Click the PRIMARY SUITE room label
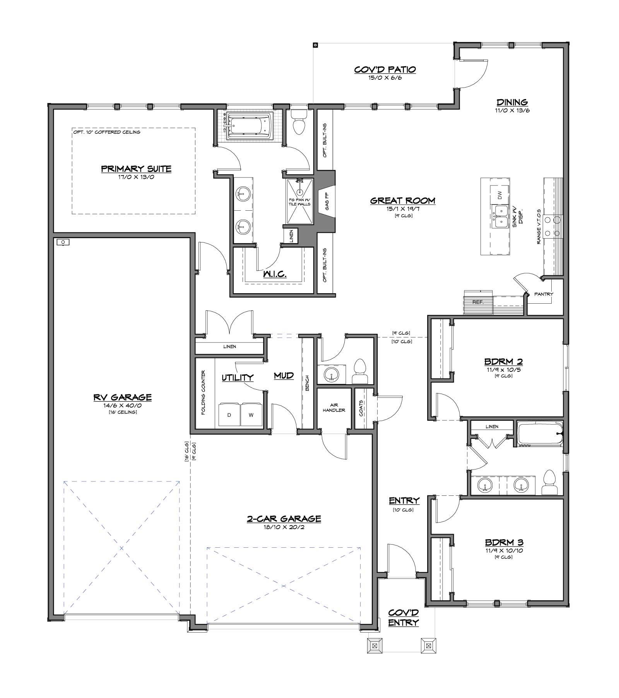click(136, 169)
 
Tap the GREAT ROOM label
click(403, 201)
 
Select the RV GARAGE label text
click(122, 397)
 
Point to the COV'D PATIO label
click(385, 70)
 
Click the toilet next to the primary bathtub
click(299, 122)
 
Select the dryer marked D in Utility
click(229, 416)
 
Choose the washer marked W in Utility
click(251, 416)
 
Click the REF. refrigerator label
click(478, 302)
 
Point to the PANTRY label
click(544, 294)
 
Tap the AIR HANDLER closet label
click(334, 407)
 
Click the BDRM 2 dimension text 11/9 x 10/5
click(504, 370)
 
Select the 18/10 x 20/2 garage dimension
click(284, 527)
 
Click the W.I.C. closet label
click(275, 274)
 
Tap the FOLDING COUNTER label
click(203, 393)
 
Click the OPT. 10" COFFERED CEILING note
click(106, 132)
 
